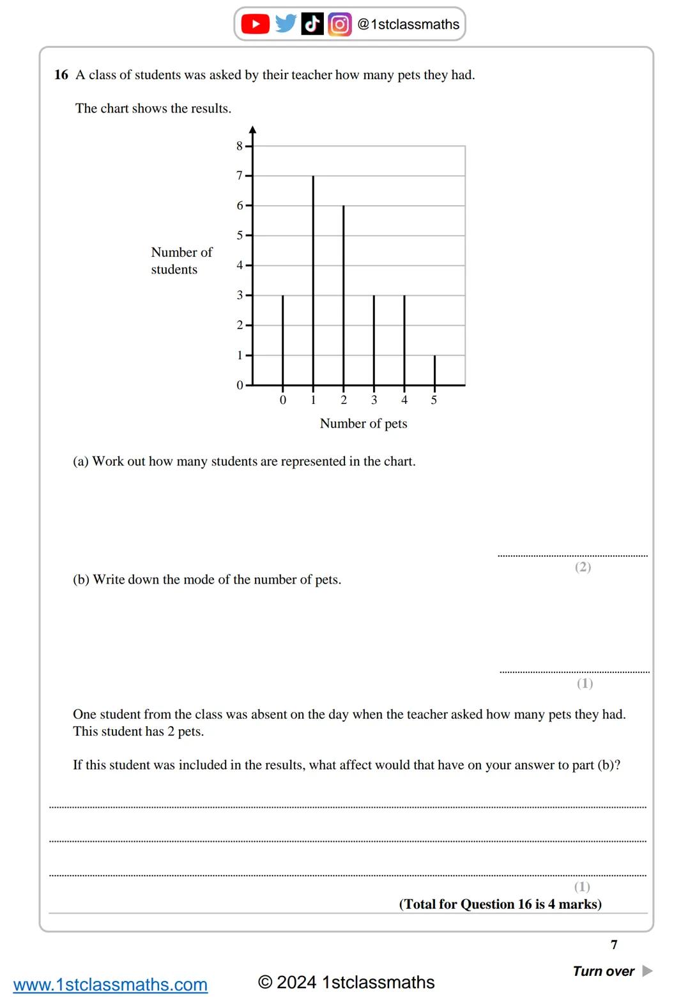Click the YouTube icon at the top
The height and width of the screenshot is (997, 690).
tap(255, 24)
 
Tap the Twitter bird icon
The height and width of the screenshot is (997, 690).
tap(286, 24)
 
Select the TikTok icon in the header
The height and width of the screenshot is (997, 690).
tap(312, 24)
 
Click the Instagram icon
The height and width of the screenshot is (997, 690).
tap(339, 24)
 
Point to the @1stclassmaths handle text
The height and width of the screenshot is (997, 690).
tap(408, 24)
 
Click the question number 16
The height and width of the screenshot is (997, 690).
tap(61, 75)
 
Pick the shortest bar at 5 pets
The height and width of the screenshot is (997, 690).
tap(434, 370)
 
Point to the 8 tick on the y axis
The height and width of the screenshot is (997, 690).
tap(240, 146)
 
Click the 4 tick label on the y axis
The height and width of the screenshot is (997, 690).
tap(240, 265)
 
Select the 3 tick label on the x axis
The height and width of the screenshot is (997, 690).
tap(374, 400)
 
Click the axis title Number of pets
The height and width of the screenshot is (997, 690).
tap(364, 423)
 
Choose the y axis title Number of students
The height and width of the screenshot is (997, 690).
tap(181, 261)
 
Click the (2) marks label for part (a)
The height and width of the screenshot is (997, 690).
tap(583, 567)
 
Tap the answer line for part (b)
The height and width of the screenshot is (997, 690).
tap(574, 672)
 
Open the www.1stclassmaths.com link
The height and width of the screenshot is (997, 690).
tap(111, 984)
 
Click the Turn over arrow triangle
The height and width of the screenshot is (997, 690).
tap(647, 971)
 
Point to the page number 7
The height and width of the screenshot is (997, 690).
tap(614, 945)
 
